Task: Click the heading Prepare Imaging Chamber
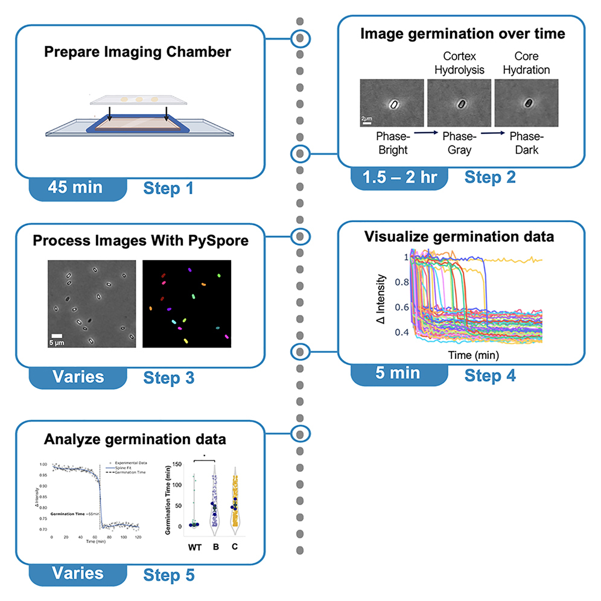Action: click(x=137, y=52)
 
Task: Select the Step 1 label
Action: click(x=168, y=189)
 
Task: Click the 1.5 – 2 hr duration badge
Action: click(x=399, y=177)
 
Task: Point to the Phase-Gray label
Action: click(x=461, y=144)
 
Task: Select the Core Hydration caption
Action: click(x=529, y=63)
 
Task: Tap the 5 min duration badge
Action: click(x=398, y=373)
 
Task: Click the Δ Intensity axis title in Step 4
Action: click(x=382, y=299)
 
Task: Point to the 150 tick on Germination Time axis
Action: click(x=177, y=464)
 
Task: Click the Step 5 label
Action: click(x=168, y=575)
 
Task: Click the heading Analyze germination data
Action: click(x=135, y=439)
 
